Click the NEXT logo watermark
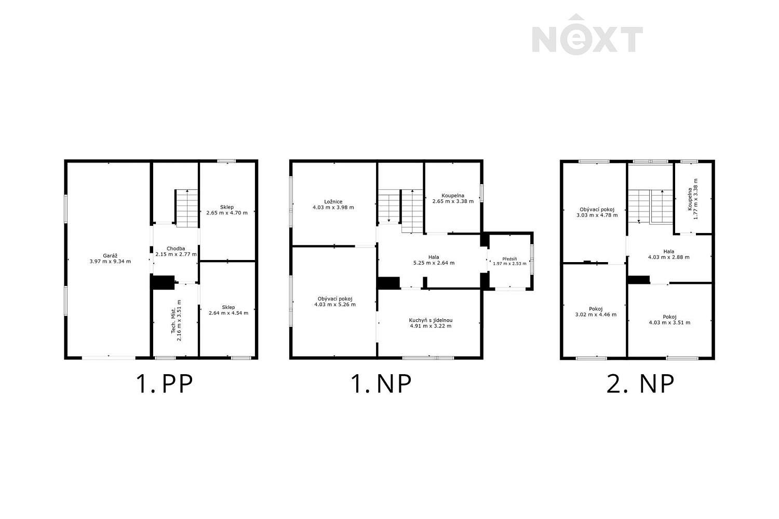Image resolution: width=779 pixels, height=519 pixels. tap(587, 34)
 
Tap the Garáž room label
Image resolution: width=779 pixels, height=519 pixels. tap(110, 256)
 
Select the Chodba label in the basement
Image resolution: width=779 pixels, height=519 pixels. tap(176, 249)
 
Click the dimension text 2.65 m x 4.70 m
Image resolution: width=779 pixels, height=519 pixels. tap(227, 213)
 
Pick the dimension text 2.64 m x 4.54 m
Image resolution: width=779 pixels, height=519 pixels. tap(229, 313)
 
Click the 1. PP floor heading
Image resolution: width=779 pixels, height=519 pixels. tap(164, 384)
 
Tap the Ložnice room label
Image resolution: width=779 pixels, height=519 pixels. tap(333, 201)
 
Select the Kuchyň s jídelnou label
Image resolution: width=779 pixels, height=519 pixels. tap(431, 320)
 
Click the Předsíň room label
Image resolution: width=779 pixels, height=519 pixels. tap(509, 259)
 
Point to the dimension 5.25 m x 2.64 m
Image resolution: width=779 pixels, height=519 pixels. tap(434, 263)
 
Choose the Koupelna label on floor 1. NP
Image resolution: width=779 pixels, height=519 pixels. tap(453, 195)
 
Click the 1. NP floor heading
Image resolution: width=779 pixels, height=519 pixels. tap(382, 384)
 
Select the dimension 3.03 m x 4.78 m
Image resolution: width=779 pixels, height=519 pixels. tap(597, 215)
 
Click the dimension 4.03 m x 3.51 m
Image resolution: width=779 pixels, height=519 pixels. tap(669, 323)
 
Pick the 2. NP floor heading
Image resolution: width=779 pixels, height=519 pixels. tap(640, 384)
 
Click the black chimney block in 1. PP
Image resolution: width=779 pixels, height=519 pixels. tap(163, 282)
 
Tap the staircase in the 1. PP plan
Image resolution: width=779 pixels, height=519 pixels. tap(187, 208)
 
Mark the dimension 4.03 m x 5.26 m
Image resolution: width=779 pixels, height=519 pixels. tap(335, 305)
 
